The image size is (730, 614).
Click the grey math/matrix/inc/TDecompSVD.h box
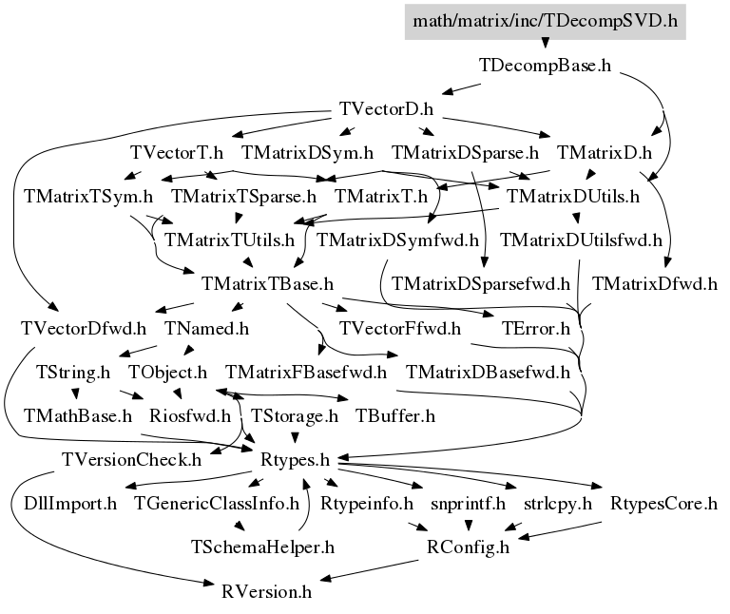click(x=546, y=22)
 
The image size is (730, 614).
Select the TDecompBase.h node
click(x=546, y=66)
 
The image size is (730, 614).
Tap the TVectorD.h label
click(x=387, y=109)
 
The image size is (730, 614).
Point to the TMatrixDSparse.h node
click(x=465, y=153)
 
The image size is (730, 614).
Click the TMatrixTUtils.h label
click(x=229, y=240)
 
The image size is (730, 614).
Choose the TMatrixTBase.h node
click(x=267, y=284)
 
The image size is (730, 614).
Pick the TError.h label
click(x=536, y=329)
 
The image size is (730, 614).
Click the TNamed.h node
click(x=207, y=329)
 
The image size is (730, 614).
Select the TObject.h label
click(x=167, y=373)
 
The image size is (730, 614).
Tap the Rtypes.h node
click(x=296, y=460)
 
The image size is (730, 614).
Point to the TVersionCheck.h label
click(x=132, y=460)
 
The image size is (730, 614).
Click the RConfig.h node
click(x=468, y=547)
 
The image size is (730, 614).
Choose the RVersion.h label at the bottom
click(x=267, y=592)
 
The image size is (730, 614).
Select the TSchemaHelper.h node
click(x=262, y=547)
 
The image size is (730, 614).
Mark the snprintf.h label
click(x=468, y=504)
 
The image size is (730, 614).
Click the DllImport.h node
click(x=70, y=504)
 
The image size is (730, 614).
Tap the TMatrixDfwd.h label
click(x=655, y=284)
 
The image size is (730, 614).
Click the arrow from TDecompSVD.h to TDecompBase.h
click(x=546, y=44)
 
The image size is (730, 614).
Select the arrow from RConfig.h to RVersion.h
click(x=369, y=570)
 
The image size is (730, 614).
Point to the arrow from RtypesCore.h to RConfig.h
click(x=559, y=530)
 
